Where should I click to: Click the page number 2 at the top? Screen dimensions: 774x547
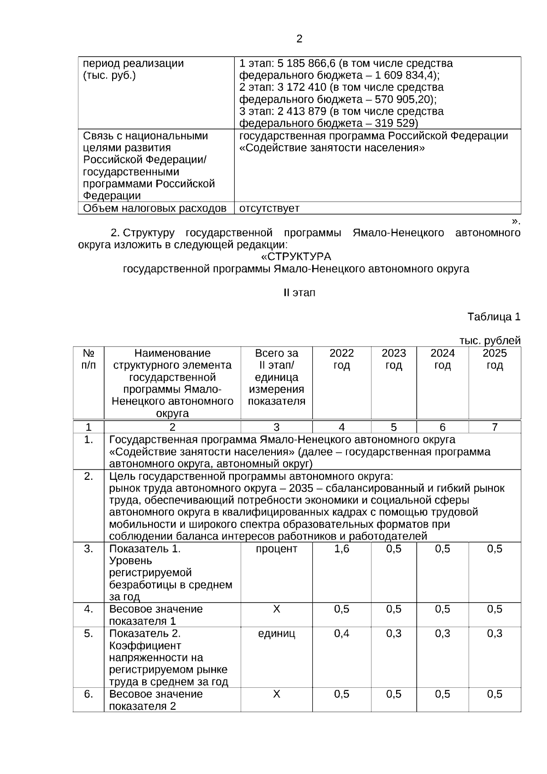click(299, 39)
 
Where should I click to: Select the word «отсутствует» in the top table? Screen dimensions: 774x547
click(269, 208)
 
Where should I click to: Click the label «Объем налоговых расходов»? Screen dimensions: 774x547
click(155, 208)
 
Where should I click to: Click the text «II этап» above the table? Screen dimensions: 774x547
click(299, 293)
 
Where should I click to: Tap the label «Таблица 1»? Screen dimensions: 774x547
click(494, 317)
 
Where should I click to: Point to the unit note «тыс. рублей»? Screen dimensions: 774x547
click(490, 341)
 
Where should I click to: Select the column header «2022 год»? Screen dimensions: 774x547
click(341, 359)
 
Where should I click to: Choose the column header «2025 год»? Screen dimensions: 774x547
click(495, 359)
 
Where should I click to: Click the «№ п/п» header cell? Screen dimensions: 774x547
click(88, 359)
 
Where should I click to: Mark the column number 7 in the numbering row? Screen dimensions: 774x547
click(495, 427)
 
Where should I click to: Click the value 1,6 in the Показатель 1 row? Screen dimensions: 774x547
click(341, 549)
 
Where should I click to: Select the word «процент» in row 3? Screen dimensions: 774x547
click(276, 549)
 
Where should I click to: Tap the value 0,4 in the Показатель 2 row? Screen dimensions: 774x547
click(341, 634)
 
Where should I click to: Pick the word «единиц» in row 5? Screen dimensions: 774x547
click(276, 634)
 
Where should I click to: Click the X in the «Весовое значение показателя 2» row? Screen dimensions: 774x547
click(276, 694)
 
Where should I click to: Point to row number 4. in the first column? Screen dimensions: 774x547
click(88, 609)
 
